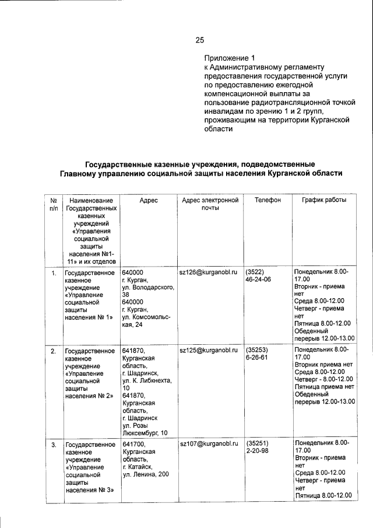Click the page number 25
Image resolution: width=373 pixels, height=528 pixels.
199,40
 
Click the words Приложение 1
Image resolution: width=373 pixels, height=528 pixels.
230,58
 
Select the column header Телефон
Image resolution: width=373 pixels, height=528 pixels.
268,200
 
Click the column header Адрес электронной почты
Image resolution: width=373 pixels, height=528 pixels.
210,204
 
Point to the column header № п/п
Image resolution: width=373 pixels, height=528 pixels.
54,204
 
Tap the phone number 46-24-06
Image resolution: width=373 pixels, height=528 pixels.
259,280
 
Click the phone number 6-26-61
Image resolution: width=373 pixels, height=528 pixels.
257,358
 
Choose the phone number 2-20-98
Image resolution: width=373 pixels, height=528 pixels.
257,452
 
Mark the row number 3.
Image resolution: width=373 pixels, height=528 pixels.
53,445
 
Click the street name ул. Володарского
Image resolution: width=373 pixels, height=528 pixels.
149,288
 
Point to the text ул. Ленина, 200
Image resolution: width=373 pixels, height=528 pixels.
146,474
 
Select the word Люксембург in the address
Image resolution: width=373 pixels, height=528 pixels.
139,433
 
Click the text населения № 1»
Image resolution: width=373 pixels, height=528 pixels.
89,318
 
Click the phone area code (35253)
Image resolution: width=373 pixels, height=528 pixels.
257,351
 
